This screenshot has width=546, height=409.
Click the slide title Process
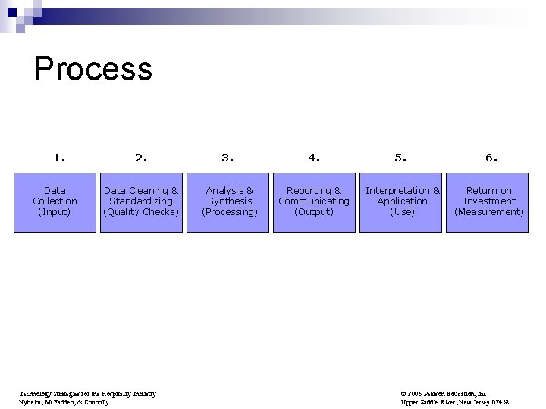(93, 69)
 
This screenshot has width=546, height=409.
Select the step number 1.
(59, 158)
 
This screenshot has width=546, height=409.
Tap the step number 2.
(141, 158)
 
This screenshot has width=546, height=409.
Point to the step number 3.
(227, 158)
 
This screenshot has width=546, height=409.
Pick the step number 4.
(314, 158)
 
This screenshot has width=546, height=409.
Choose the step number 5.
(400, 158)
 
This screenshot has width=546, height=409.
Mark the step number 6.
(491, 158)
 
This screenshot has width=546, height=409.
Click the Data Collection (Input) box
(55, 201)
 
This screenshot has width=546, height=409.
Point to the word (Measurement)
(489, 212)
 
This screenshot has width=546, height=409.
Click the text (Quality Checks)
(141, 212)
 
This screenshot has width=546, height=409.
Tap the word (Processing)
(230, 212)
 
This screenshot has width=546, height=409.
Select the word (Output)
(314, 212)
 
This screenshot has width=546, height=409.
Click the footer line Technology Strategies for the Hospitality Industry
(86, 394)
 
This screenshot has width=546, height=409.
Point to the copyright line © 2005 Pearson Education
(444, 394)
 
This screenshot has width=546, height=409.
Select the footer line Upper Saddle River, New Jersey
(454, 402)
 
